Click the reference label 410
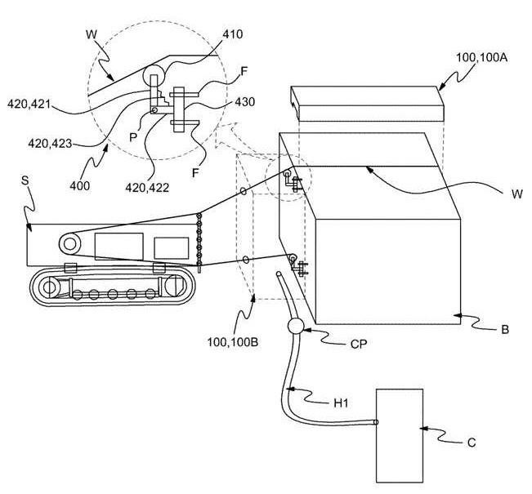[x=232, y=34]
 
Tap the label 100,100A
[x=481, y=57]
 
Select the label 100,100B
[x=233, y=342]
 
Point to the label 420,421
[x=29, y=104]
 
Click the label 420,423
[x=50, y=144]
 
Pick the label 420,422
[x=147, y=187]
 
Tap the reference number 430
[x=244, y=102]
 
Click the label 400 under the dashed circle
[x=80, y=186]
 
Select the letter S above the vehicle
[x=25, y=180]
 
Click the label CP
[x=359, y=345]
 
